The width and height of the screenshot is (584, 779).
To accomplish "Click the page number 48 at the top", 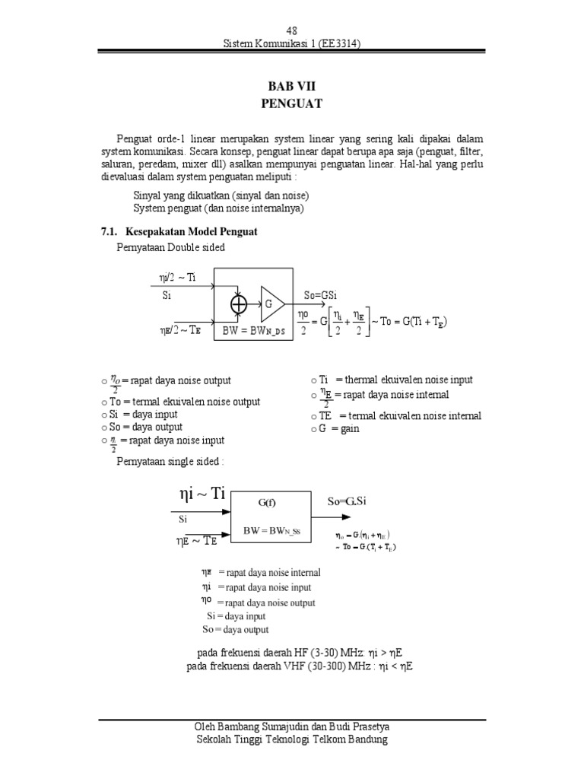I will (291, 30).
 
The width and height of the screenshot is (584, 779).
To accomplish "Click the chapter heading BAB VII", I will (292, 87).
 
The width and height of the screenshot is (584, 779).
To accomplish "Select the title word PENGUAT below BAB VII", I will (292, 104).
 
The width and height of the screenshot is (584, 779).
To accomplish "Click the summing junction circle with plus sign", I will (240, 304).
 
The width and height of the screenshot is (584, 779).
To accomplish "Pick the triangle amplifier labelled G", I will (271, 304).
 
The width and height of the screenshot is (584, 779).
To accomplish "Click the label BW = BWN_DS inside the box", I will (252, 331).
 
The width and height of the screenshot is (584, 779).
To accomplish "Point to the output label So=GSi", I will (325, 295).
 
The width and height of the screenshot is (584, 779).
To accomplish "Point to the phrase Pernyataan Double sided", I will (171, 247).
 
